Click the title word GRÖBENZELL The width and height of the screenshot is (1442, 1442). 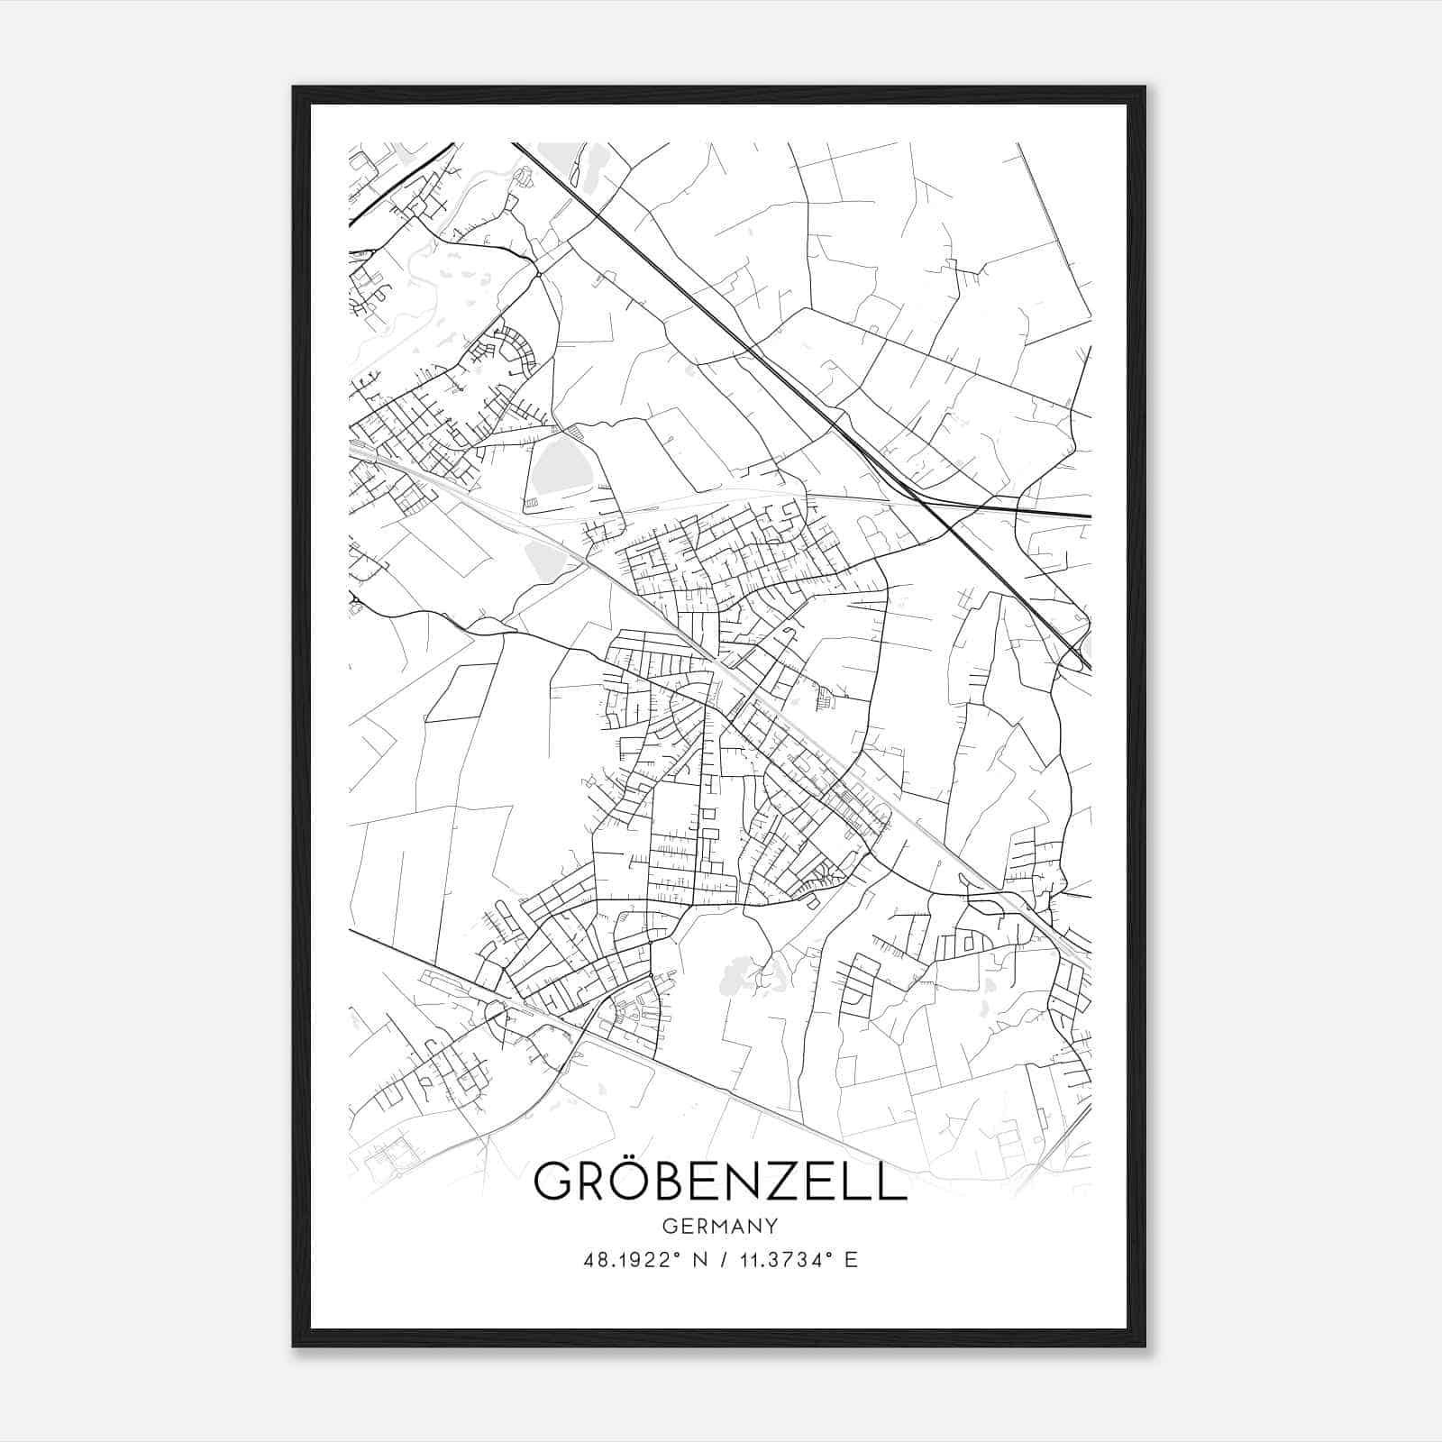point(720,1182)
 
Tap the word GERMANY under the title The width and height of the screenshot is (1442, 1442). point(720,1227)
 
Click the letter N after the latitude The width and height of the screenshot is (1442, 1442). point(698,1260)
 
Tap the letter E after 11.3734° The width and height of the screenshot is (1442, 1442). point(851,1260)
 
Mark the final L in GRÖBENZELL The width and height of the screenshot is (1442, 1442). point(891,1182)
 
